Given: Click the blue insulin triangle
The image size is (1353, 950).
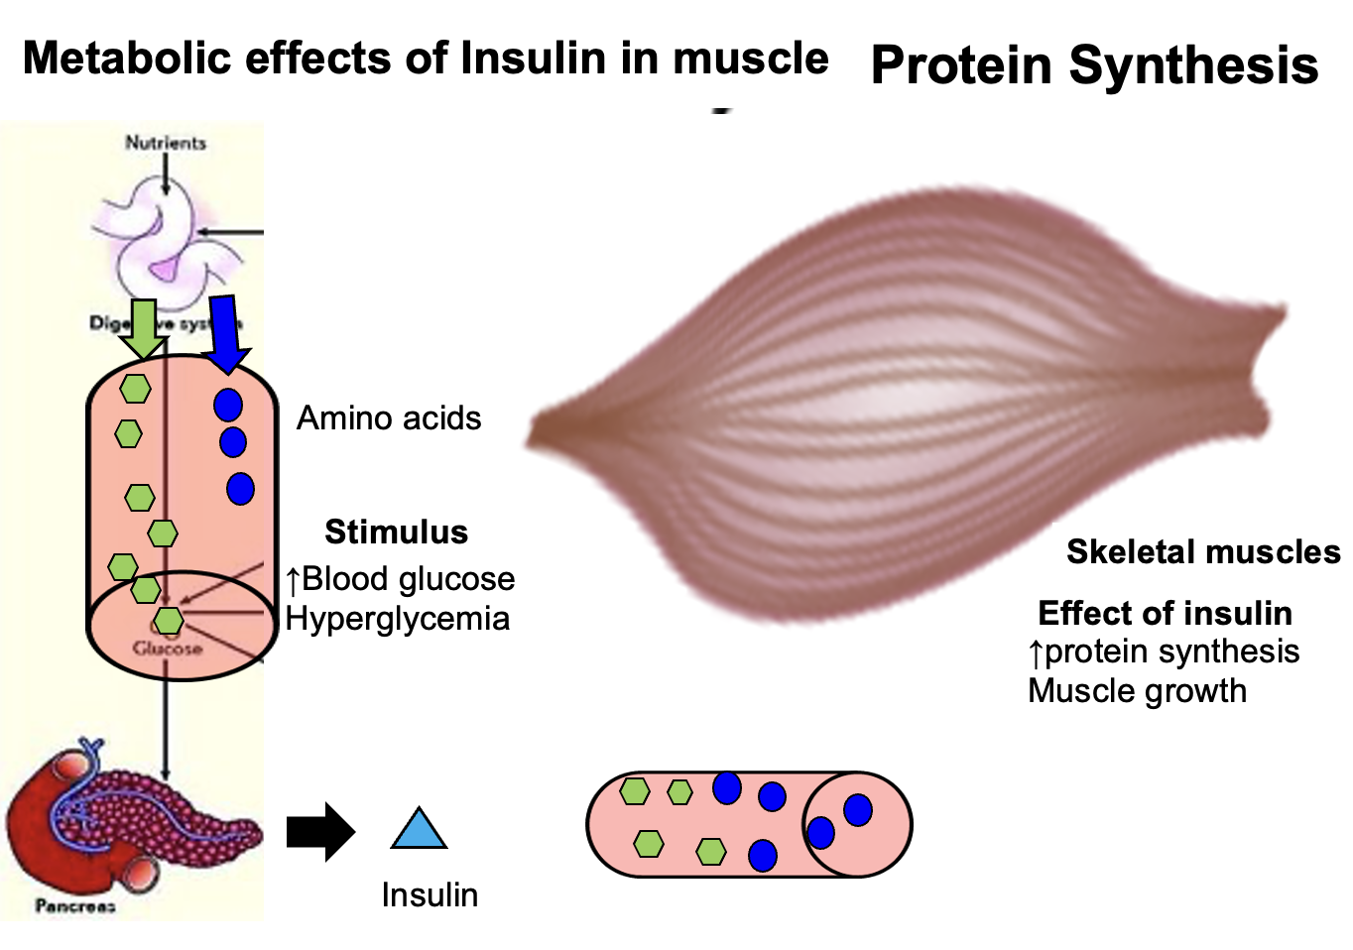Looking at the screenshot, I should point(419,831).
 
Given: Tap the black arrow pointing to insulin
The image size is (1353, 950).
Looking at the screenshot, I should point(319,832).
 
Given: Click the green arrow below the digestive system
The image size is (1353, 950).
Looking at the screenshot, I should point(144,328).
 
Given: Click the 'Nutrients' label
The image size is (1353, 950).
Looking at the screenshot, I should point(166,143).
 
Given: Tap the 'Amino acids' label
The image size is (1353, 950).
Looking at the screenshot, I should point(389,418).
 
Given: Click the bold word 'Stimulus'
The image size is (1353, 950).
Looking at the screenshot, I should point(396,533).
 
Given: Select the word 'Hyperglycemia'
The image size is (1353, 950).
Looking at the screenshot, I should point(397,619).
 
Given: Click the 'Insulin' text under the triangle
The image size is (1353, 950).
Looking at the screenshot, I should point(430,894).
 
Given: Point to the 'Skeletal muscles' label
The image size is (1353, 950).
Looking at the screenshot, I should point(1202,551).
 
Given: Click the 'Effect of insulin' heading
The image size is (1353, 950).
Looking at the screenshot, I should point(1165,613).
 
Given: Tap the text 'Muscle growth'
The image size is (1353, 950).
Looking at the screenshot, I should point(1137,690).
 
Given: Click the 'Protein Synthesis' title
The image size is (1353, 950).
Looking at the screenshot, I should point(1094,65).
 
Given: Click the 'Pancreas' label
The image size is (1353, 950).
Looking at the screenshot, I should point(75,905).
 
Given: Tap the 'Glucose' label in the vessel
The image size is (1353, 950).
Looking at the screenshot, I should point(168,649).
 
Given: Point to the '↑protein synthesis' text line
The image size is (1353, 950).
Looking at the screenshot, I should point(1164,652).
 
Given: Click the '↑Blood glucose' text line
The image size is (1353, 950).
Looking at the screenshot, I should point(400,579).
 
